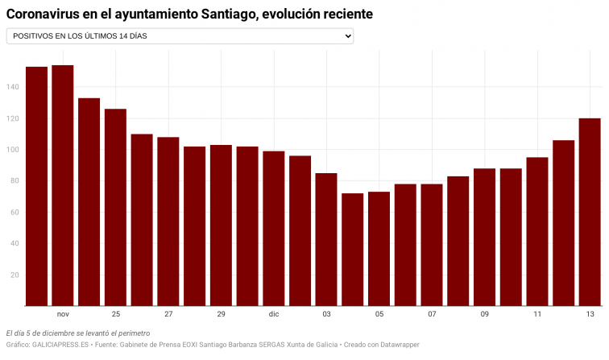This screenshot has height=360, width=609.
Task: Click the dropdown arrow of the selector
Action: point(347,36)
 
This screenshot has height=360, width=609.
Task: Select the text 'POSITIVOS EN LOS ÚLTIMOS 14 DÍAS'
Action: point(80,36)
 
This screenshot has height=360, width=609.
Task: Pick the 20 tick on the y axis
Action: point(14,275)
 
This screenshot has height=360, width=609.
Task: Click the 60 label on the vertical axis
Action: point(14,213)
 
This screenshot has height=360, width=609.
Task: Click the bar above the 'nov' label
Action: point(63,185)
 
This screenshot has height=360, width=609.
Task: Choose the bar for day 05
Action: point(379,249)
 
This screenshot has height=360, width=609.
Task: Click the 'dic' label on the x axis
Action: point(274,314)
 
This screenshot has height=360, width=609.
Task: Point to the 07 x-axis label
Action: point(432,314)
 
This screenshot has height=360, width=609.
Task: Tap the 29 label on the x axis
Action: point(221,314)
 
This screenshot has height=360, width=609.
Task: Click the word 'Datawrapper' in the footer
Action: point(397,345)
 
